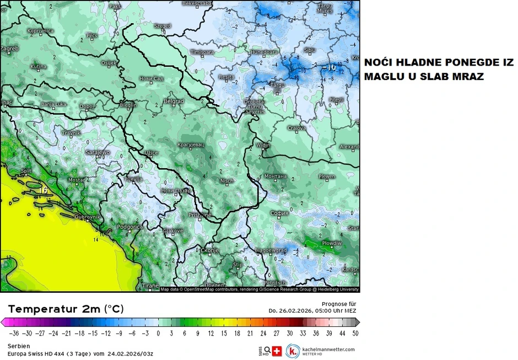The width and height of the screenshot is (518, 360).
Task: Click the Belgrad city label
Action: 174,101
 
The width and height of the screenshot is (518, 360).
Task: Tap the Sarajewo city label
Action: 98,152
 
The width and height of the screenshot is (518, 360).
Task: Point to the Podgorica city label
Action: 131,227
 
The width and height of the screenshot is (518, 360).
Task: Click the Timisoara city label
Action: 202,52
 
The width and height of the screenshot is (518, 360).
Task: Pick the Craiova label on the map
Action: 296,128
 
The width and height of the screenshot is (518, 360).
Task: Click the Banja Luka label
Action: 54,104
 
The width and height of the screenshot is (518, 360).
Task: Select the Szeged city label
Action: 162,26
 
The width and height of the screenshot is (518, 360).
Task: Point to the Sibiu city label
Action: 310,50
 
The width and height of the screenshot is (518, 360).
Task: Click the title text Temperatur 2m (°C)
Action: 66,308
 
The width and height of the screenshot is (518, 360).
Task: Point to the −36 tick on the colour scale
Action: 14,333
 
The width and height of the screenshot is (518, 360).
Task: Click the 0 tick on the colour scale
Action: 158,333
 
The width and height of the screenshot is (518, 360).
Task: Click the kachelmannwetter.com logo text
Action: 329,350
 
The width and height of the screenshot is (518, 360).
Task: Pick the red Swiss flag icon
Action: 277,351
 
